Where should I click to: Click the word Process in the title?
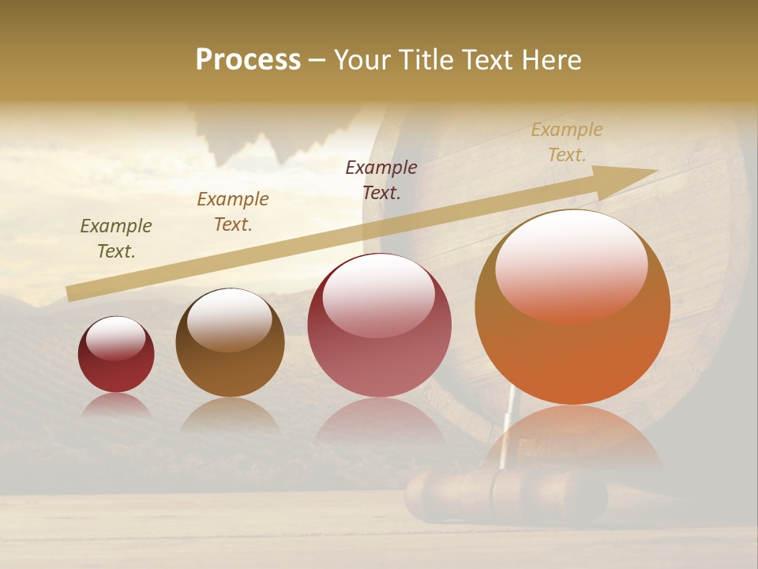tap(248, 60)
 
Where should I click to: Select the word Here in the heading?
tap(550, 60)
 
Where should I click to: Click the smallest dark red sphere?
tap(116, 355)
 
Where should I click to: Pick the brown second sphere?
tap(230, 343)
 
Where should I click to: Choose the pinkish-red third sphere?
tap(379, 326)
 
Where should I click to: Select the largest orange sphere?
tap(572, 307)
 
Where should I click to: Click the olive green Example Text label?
tap(116, 239)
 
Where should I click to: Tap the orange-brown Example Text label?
tap(233, 212)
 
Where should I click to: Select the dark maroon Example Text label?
tap(381, 179)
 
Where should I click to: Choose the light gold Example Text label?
tap(567, 142)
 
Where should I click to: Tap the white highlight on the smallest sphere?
tap(115, 338)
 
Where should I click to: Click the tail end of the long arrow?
tap(71, 294)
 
